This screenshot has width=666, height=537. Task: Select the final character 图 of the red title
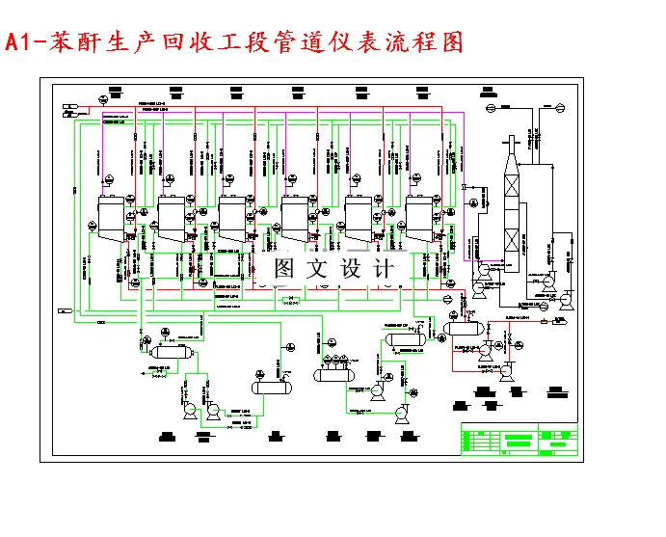click(x=450, y=42)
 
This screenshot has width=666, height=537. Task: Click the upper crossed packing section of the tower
click(x=511, y=184)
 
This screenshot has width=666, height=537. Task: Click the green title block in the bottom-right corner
click(x=519, y=441)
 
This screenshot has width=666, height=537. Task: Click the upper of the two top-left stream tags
click(x=68, y=105)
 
